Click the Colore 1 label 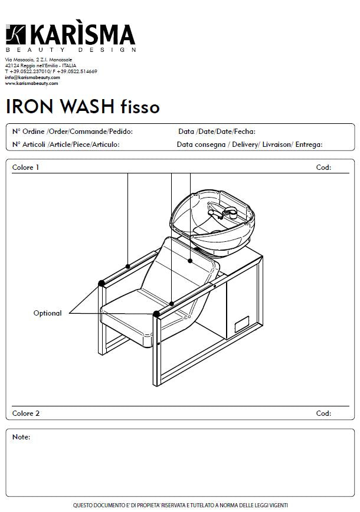point(25,168)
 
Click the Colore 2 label point(25,413)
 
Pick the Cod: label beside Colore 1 point(323,168)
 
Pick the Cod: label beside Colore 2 point(323,413)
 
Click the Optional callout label point(47,313)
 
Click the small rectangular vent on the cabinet point(241,325)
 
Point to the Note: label point(21,437)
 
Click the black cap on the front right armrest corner point(156,314)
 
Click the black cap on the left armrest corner point(102,283)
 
